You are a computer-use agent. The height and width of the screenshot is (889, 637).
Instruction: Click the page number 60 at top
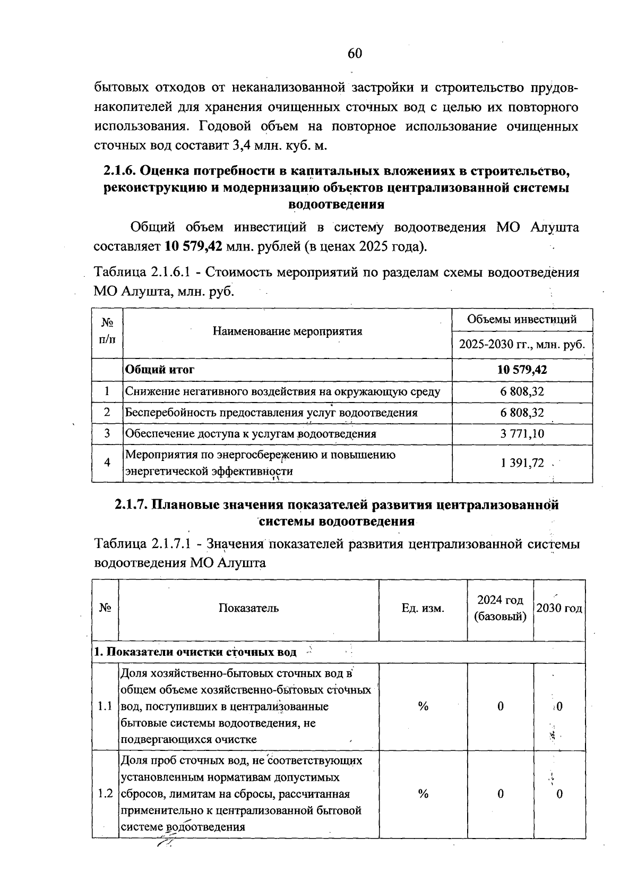(x=355, y=54)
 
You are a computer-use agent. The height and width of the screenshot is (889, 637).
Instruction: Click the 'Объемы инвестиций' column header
(x=522, y=319)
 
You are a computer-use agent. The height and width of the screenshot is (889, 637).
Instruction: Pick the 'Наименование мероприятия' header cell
(x=287, y=331)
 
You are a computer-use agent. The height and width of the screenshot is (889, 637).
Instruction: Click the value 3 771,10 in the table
(x=522, y=433)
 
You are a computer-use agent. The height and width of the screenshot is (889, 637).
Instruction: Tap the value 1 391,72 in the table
(x=522, y=463)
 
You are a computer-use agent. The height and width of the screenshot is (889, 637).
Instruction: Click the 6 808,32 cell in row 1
(x=522, y=392)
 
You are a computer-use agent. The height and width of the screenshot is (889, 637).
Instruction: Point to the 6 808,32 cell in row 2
(x=522, y=413)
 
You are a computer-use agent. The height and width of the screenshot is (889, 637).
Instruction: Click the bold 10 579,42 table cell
(x=522, y=370)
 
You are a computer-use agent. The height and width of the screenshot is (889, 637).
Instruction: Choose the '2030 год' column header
(x=559, y=608)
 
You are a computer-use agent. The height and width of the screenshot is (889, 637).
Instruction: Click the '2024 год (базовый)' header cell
(x=500, y=608)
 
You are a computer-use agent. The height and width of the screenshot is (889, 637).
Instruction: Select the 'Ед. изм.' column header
(x=423, y=608)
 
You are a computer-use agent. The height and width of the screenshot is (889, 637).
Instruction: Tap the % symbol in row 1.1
(x=423, y=706)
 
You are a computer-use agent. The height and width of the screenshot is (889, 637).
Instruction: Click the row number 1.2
(x=105, y=794)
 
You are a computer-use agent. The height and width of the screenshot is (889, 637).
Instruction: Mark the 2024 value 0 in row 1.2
(x=500, y=794)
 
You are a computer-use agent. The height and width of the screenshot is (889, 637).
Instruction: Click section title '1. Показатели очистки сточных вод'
(x=195, y=652)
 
